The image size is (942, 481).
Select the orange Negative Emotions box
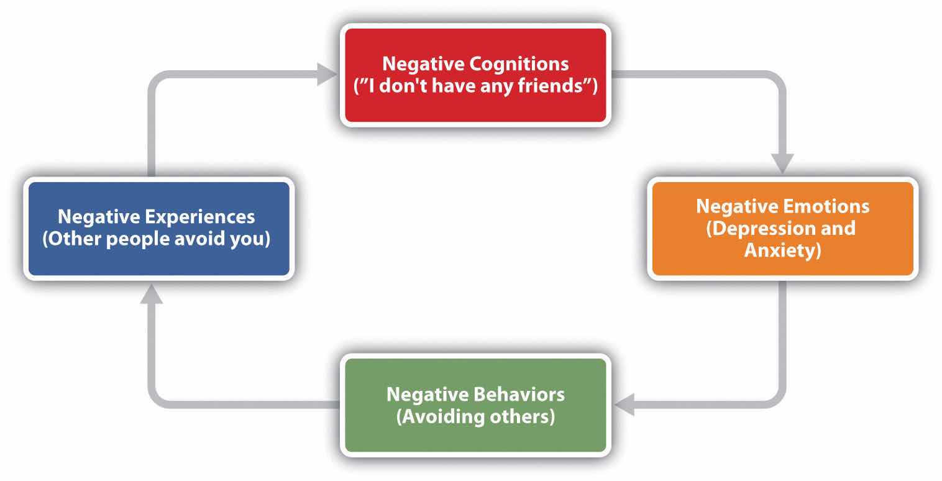pyautogui.click(x=782, y=261)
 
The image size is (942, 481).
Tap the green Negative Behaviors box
pyautogui.click(x=475, y=435)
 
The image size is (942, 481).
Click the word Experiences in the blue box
pyautogui.click(x=201, y=217)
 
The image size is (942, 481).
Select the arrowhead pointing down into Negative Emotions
pyautogui.click(x=782, y=164)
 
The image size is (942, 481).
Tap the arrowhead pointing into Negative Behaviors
pyautogui.click(x=624, y=405)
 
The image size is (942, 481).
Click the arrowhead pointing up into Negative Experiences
pyautogui.click(x=151, y=293)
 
